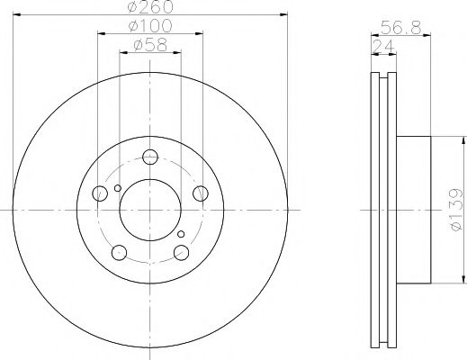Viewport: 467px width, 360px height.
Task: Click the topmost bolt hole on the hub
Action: point(149,154)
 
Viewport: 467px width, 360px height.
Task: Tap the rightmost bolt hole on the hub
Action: point(201,192)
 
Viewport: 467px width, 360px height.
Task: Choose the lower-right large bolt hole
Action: point(181,251)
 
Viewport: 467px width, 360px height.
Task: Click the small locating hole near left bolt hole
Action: point(117,188)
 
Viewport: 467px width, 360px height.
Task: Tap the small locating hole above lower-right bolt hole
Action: point(181,234)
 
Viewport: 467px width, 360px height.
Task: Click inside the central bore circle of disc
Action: point(149,208)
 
